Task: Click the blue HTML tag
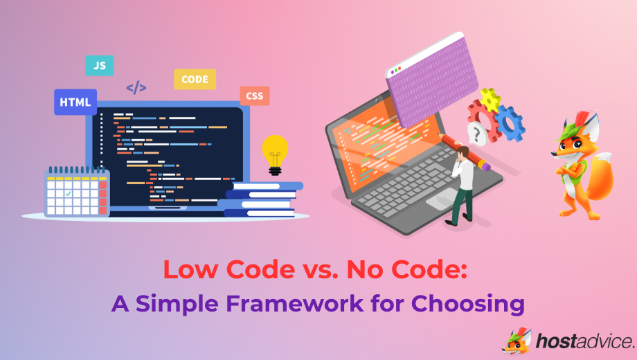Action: [75, 102]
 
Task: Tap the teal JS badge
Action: [99, 66]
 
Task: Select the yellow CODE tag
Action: [195, 80]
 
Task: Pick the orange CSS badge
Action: [255, 96]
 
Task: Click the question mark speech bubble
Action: [476, 132]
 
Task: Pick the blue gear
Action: [511, 123]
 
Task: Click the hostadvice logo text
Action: [584, 341]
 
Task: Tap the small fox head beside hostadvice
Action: [517, 341]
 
